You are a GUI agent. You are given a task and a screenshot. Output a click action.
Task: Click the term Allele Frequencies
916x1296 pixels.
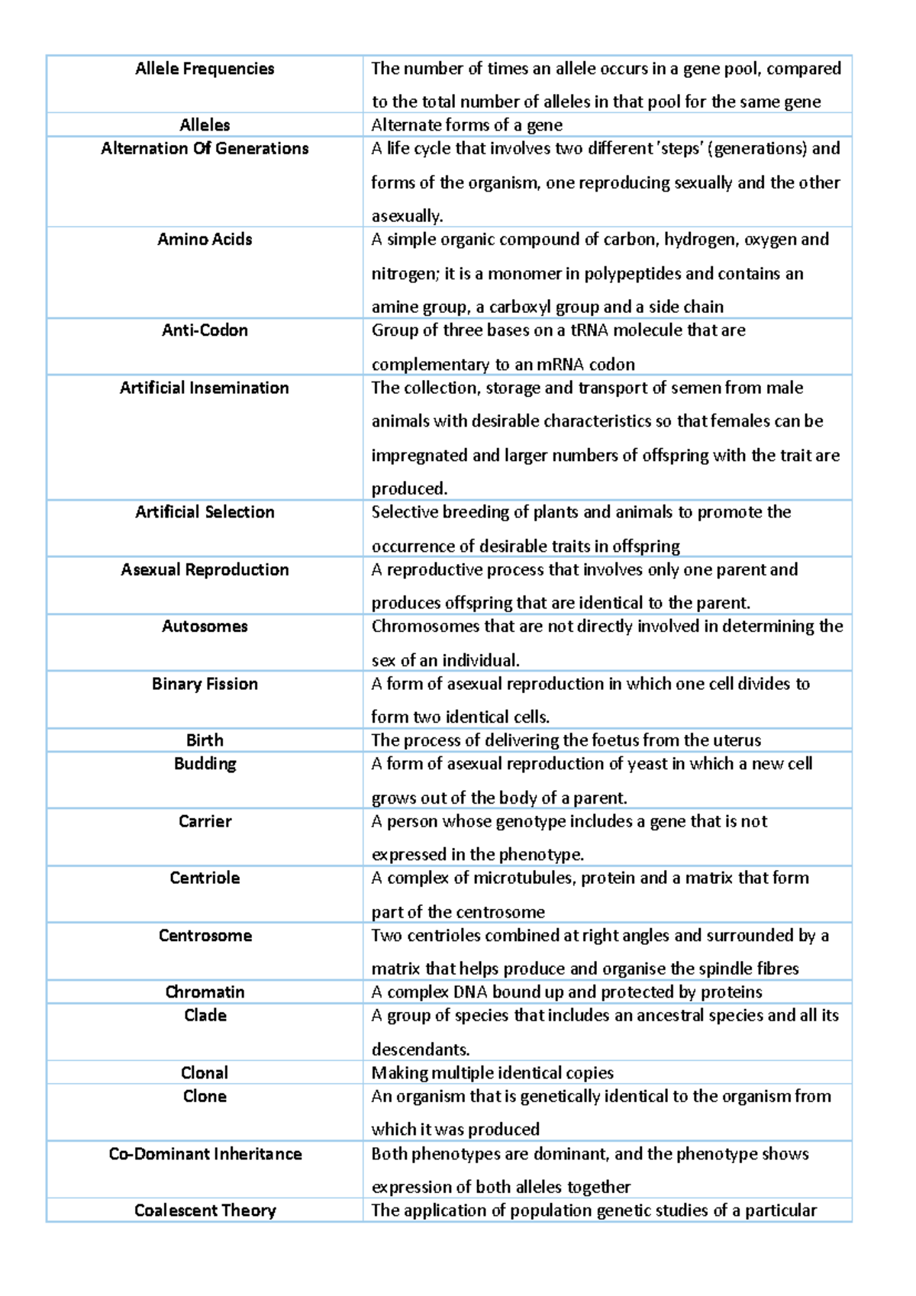coord(205,69)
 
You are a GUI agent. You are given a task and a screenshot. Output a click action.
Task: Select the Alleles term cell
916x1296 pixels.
coord(205,125)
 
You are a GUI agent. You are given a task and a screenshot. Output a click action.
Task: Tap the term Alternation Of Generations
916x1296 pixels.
coord(205,149)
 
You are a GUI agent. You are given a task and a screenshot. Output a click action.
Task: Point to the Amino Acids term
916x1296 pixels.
coord(205,240)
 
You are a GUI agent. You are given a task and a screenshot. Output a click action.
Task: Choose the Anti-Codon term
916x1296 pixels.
coord(205,330)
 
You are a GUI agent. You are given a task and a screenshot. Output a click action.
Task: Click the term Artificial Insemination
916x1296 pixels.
coord(205,388)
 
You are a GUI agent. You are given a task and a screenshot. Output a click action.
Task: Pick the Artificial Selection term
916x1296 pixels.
coord(205,512)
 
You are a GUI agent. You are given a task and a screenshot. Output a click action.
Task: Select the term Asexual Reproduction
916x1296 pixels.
coord(205,569)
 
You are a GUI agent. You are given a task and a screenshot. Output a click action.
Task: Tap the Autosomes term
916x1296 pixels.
coord(205,627)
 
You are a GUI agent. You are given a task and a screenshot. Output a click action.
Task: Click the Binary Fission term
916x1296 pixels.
coord(205,684)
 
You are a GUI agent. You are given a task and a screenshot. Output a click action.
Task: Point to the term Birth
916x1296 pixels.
coord(205,740)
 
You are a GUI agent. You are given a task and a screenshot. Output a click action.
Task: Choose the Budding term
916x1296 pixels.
coord(205,764)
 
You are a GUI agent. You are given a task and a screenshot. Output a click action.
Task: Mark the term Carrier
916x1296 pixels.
coord(205,821)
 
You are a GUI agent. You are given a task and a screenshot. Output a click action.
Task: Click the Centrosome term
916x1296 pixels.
coord(205,936)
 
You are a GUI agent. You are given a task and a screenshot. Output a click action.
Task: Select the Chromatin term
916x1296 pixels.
coord(205,992)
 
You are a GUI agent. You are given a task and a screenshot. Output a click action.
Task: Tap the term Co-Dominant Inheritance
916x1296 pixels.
coord(205,1154)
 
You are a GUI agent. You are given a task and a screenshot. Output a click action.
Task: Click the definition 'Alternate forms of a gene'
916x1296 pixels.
coord(467,125)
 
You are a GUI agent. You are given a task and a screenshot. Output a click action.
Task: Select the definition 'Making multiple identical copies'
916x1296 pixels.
coord(492,1073)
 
